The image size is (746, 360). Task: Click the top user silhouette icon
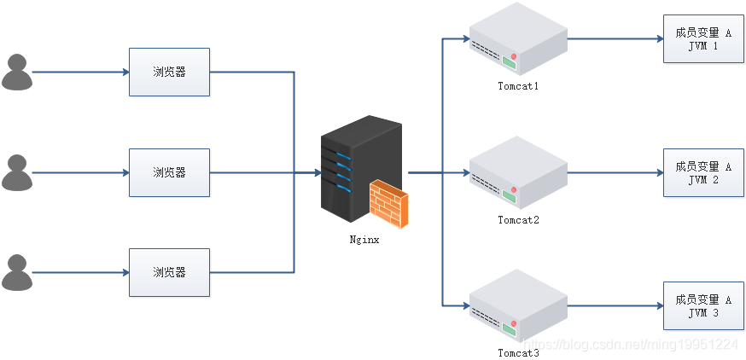tap(17, 72)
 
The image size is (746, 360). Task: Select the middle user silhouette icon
tap(17, 171)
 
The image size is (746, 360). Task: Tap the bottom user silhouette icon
tap(17, 272)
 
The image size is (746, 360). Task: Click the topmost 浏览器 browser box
tap(169, 72)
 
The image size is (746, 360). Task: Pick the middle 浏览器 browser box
tap(169, 171)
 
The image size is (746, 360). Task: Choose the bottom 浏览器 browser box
tap(169, 272)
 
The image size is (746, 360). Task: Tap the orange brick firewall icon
tap(388, 206)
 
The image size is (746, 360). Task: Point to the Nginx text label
tap(364, 240)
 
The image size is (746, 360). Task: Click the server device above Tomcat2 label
tap(518, 172)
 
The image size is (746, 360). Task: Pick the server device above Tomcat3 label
tap(518, 305)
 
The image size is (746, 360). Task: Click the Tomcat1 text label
tap(519, 86)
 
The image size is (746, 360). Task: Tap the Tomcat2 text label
tap(519, 219)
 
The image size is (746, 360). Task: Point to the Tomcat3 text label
tap(519, 352)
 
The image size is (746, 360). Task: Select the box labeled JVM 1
tap(702, 39)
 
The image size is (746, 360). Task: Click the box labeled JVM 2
tap(702, 173)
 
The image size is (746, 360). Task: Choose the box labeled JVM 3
tap(702, 306)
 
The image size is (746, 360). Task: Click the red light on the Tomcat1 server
tap(515, 56)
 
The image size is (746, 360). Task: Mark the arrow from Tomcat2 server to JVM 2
tap(615, 172)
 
